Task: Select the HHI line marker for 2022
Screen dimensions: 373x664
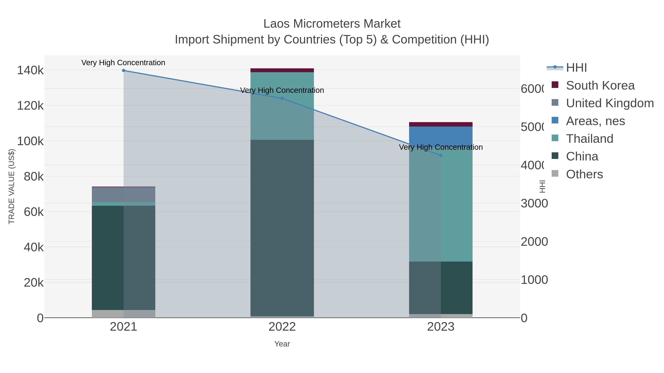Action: click(282, 99)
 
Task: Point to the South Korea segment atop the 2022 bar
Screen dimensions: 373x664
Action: click(282, 70)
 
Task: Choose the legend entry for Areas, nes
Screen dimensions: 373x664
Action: click(595, 121)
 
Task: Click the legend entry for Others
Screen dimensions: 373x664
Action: click(584, 174)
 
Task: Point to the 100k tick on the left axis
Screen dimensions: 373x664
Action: click(30, 141)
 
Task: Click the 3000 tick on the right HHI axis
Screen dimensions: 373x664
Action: click(534, 204)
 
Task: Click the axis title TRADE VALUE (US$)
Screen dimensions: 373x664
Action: click(12, 186)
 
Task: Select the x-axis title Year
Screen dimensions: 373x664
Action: click(282, 344)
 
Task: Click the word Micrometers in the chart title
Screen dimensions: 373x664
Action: click(326, 24)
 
